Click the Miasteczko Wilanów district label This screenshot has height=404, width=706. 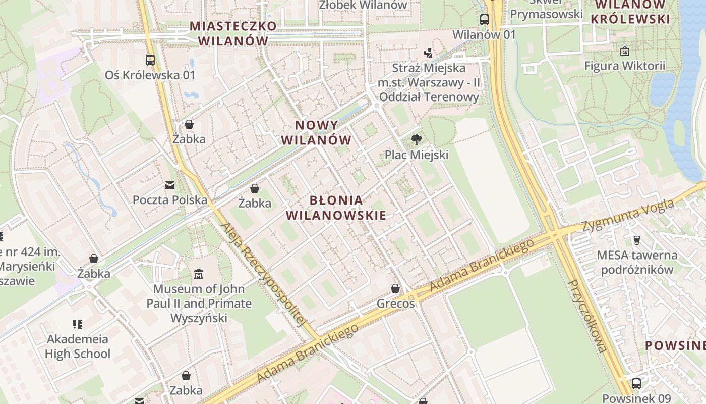point(233,33)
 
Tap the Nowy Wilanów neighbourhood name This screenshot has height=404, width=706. point(316,132)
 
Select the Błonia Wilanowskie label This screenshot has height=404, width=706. point(336,208)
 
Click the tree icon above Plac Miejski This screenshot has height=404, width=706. point(416,140)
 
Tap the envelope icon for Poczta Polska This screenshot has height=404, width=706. point(170,185)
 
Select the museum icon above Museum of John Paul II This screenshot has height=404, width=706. point(199,274)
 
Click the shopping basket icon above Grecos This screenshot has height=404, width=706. point(395,289)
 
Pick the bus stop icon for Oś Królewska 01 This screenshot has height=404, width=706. point(150,60)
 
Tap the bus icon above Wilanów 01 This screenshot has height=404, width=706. point(484,20)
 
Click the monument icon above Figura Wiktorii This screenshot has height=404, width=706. point(624,51)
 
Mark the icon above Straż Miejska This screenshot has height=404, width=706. point(428,52)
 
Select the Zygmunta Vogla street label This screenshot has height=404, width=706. point(628,216)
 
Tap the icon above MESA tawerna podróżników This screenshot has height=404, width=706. point(636,240)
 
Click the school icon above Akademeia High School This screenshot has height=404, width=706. point(77,324)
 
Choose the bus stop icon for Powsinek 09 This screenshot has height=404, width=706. point(636,384)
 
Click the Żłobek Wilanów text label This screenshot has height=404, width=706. point(363,5)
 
